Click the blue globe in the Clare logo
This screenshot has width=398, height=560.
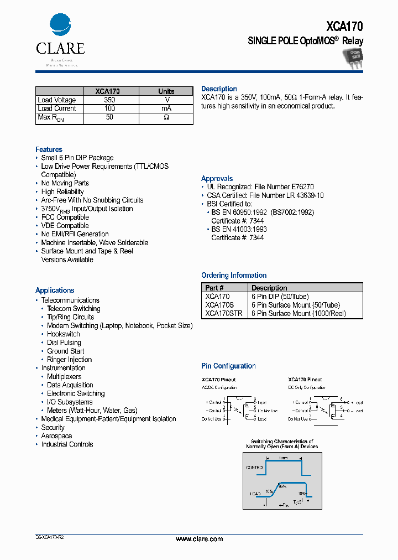(x=60, y=25)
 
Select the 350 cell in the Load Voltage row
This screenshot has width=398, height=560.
(x=109, y=100)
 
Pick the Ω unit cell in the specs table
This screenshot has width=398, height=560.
(x=166, y=118)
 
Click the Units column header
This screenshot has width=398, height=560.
(x=166, y=91)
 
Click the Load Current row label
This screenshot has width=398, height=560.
(x=56, y=108)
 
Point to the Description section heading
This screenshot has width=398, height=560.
(x=219, y=89)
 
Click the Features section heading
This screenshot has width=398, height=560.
(x=49, y=149)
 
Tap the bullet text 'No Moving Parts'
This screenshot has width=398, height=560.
(x=65, y=183)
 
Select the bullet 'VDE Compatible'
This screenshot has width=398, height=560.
(x=65, y=226)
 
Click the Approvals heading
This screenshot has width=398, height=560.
(x=217, y=179)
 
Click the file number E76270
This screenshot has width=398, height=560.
(x=301, y=187)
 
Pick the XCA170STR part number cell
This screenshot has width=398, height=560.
(x=223, y=314)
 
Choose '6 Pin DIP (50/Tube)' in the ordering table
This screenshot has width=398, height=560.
(x=280, y=297)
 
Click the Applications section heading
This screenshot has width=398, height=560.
(x=55, y=290)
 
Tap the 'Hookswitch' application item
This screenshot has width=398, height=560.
(x=63, y=334)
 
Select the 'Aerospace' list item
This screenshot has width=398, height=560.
(x=56, y=436)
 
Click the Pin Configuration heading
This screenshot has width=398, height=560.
(x=228, y=366)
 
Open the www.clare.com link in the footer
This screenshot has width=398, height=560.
(x=199, y=539)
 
